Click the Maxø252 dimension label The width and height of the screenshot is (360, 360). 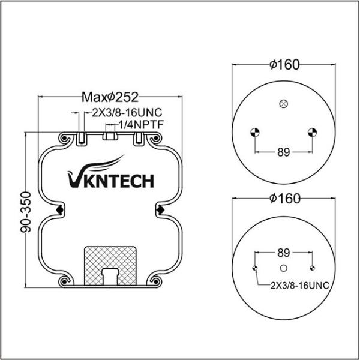[x=110, y=97]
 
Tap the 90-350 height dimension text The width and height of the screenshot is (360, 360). [x=26, y=212]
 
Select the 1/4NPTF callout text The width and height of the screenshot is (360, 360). [x=141, y=125]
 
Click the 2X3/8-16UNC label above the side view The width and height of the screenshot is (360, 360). [x=127, y=113]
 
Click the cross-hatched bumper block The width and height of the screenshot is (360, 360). [x=110, y=266]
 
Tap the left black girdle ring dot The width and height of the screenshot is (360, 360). [x=60, y=209]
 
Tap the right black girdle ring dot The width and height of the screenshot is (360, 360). [x=160, y=209]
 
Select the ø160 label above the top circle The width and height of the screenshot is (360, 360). [x=284, y=65]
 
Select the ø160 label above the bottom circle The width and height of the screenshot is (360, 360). [x=284, y=199]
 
